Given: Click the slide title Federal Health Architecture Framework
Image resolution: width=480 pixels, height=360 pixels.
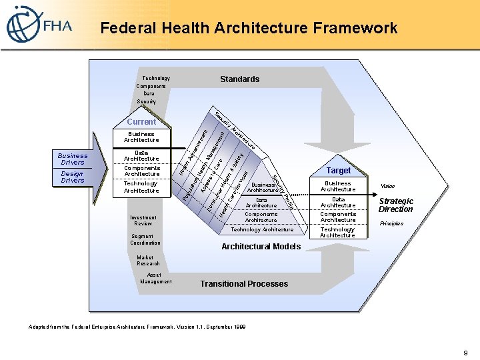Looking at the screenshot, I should click(249, 28).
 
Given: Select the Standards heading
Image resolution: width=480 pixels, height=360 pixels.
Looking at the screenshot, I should click(239, 79).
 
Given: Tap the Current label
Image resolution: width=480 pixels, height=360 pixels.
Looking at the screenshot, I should click(141, 122).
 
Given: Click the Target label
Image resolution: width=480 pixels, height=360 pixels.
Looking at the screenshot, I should click(339, 171).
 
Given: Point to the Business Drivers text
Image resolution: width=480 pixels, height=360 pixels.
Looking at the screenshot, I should click(73, 159).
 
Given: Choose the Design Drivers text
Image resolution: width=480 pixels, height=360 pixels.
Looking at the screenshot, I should click(73, 177).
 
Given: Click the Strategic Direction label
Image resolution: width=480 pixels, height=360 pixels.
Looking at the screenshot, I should click(396, 205).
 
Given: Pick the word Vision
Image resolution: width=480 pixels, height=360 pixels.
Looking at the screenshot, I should click(387, 187).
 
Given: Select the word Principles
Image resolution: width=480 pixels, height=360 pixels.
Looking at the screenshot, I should click(392, 224).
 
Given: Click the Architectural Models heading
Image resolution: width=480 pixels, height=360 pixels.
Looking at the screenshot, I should click(261, 247).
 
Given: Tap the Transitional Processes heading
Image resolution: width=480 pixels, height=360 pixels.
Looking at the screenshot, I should click(244, 284).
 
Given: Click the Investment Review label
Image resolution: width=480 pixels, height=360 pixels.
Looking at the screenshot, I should click(143, 221).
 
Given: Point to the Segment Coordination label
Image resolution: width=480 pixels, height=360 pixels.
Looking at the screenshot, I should click(145, 239).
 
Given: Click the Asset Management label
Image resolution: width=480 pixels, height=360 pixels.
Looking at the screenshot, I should click(155, 278).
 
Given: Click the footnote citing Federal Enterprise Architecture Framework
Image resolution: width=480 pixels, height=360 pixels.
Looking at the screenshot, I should click(137, 327).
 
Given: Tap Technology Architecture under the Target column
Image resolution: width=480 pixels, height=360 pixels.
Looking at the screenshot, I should click(337, 233).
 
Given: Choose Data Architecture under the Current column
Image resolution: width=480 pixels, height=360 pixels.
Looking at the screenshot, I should click(141, 156).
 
